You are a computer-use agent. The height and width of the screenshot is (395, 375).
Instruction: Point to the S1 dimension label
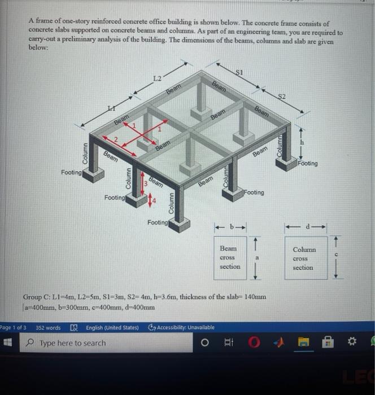pos(239,72)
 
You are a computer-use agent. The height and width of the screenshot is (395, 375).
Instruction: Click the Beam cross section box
pos(229,257)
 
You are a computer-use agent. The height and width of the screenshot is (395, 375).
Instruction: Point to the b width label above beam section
pos(230,227)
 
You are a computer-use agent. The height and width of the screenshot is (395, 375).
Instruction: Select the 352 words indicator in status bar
pos(48,327)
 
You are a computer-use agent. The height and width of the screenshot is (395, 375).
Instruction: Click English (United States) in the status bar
pos(111,327)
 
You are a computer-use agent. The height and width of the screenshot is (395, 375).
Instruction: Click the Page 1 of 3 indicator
pos(13,327)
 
